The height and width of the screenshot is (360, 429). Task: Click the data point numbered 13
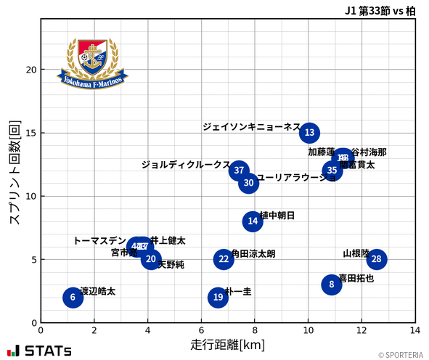(x=310, y=133)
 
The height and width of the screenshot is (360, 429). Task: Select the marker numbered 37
(x=239, y=171)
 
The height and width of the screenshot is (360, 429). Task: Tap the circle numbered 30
(x=249, y=183)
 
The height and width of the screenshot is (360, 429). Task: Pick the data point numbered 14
(x=253, y=221)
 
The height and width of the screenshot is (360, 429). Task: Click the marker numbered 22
(x=224, y=259)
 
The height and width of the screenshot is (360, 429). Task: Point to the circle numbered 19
(x=218, y=297)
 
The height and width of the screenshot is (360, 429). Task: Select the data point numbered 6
(x=73, y=297)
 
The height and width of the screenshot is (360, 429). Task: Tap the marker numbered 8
(x=332, y=285)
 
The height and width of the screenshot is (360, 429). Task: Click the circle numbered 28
(x=376, y=259)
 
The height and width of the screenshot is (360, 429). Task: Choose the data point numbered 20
(x=150, y=259)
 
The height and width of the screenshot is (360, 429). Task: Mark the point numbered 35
(x=332, y=171)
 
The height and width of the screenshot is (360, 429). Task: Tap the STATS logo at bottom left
(x=39, y=351)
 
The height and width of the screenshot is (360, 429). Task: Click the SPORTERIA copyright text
(x=399, y=355)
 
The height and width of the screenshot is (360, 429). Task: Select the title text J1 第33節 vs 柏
(x=380, y=10)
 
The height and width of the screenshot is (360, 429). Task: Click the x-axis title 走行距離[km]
(x=227, y=343)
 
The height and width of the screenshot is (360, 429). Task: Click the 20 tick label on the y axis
(x=30, y=70)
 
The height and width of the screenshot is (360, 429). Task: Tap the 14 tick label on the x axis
(x=415, y=330)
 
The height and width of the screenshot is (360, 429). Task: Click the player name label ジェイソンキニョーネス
(x=250, y=126)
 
